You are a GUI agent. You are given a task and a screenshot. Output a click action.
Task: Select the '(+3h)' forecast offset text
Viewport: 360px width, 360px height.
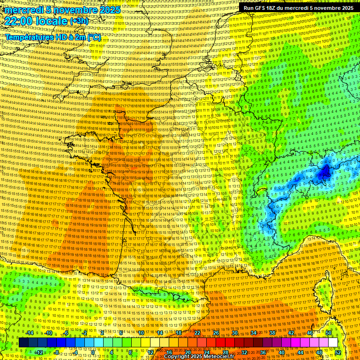78,21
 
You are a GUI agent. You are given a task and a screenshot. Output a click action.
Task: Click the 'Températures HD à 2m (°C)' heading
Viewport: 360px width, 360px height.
53,37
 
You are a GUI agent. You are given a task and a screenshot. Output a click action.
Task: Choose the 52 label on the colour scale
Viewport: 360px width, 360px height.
338,352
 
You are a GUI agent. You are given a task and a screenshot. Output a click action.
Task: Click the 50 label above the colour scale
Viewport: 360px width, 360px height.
329,333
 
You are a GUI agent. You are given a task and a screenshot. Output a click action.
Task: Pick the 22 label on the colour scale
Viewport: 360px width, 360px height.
197,333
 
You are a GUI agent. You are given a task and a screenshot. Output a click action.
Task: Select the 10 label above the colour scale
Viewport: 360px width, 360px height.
141,333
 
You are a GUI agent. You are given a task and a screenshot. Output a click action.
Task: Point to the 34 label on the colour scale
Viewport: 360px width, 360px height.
254,333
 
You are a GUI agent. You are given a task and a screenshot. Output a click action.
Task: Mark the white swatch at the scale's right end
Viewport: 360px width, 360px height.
333,343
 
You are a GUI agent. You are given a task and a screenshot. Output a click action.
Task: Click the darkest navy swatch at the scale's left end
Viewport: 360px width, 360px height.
24,343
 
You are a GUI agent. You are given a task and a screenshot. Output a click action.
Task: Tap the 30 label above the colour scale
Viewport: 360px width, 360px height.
235,333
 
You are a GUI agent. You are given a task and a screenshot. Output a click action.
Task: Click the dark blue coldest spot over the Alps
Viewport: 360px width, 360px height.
324,172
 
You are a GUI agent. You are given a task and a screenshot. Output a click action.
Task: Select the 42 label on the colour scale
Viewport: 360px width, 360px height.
291,333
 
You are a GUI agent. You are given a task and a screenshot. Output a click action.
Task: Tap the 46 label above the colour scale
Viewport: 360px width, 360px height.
310,333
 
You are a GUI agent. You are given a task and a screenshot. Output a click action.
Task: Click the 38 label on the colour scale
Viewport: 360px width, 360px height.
272,333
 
